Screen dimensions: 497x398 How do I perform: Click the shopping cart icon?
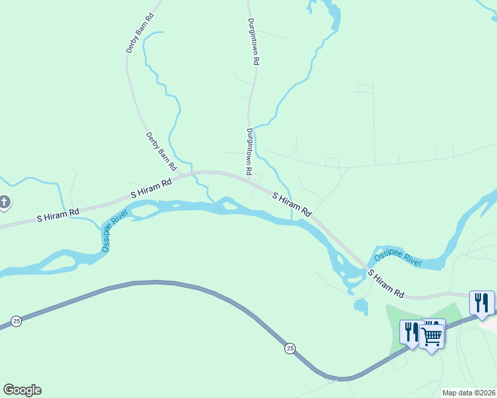432,336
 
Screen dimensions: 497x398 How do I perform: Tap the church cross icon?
4,202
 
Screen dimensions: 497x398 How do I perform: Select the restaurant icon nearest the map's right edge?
481,302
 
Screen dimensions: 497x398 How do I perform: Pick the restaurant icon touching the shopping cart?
411,332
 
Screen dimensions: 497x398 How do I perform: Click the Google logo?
22,390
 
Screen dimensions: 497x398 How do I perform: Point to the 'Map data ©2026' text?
468,393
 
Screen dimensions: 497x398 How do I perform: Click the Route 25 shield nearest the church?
17,321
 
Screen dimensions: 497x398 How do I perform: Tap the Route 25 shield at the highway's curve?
290,348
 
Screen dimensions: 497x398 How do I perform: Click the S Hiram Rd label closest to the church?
58,214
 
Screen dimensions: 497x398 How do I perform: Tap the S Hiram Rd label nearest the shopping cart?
385,283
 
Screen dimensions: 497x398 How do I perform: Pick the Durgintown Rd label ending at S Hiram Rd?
249,151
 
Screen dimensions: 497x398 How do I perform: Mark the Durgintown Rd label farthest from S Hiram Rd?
253,40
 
